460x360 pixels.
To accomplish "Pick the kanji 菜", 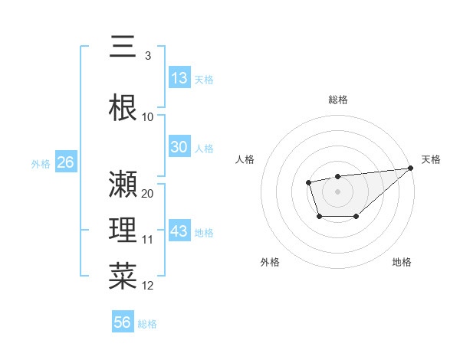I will [x=123, y=275].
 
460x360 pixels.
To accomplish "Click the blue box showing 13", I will [x=179, y=77].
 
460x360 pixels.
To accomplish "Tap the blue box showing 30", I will [x=179, y=147].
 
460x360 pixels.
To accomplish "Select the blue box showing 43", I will [x=179, y=231].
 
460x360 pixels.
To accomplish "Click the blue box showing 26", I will [x=66, y=162].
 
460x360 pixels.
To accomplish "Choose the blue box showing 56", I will [x=123, y=322].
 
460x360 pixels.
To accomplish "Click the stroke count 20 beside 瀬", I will [x=148, y=193].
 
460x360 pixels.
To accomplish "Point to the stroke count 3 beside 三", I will [x=147, y=56].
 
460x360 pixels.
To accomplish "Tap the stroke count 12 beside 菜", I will [x=148, y=286].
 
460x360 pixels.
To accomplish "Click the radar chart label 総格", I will [x=337, y=100].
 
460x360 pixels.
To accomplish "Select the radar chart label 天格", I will [x=431, y=159].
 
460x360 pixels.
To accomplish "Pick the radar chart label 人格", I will [x=245, y=159].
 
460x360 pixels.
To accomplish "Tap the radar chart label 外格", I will [x=270, y=262].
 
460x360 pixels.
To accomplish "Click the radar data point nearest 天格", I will [x=410, y=168].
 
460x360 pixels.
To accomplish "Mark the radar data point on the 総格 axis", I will [x=337, y=177].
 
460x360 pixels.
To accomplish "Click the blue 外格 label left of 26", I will [x=41, y=163].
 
